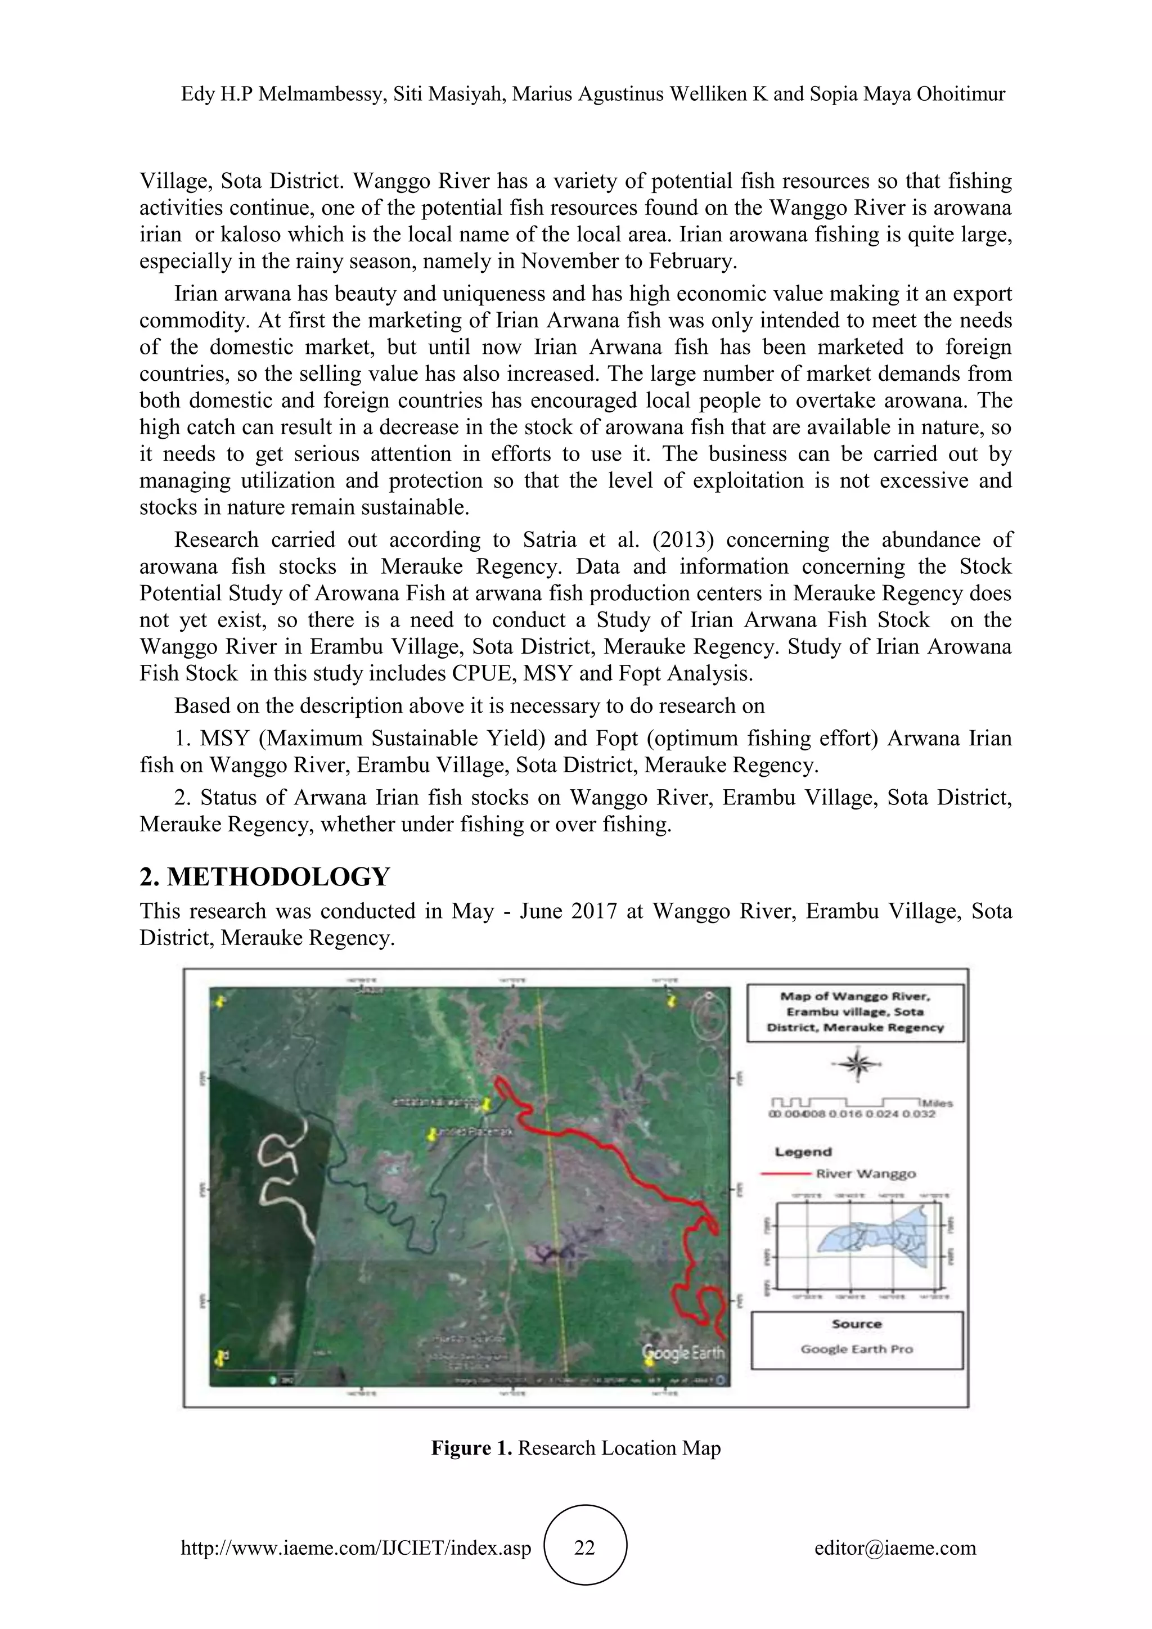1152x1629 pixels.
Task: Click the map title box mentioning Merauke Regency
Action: click(855, 1012)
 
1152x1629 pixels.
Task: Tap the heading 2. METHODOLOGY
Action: click(264, 877)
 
